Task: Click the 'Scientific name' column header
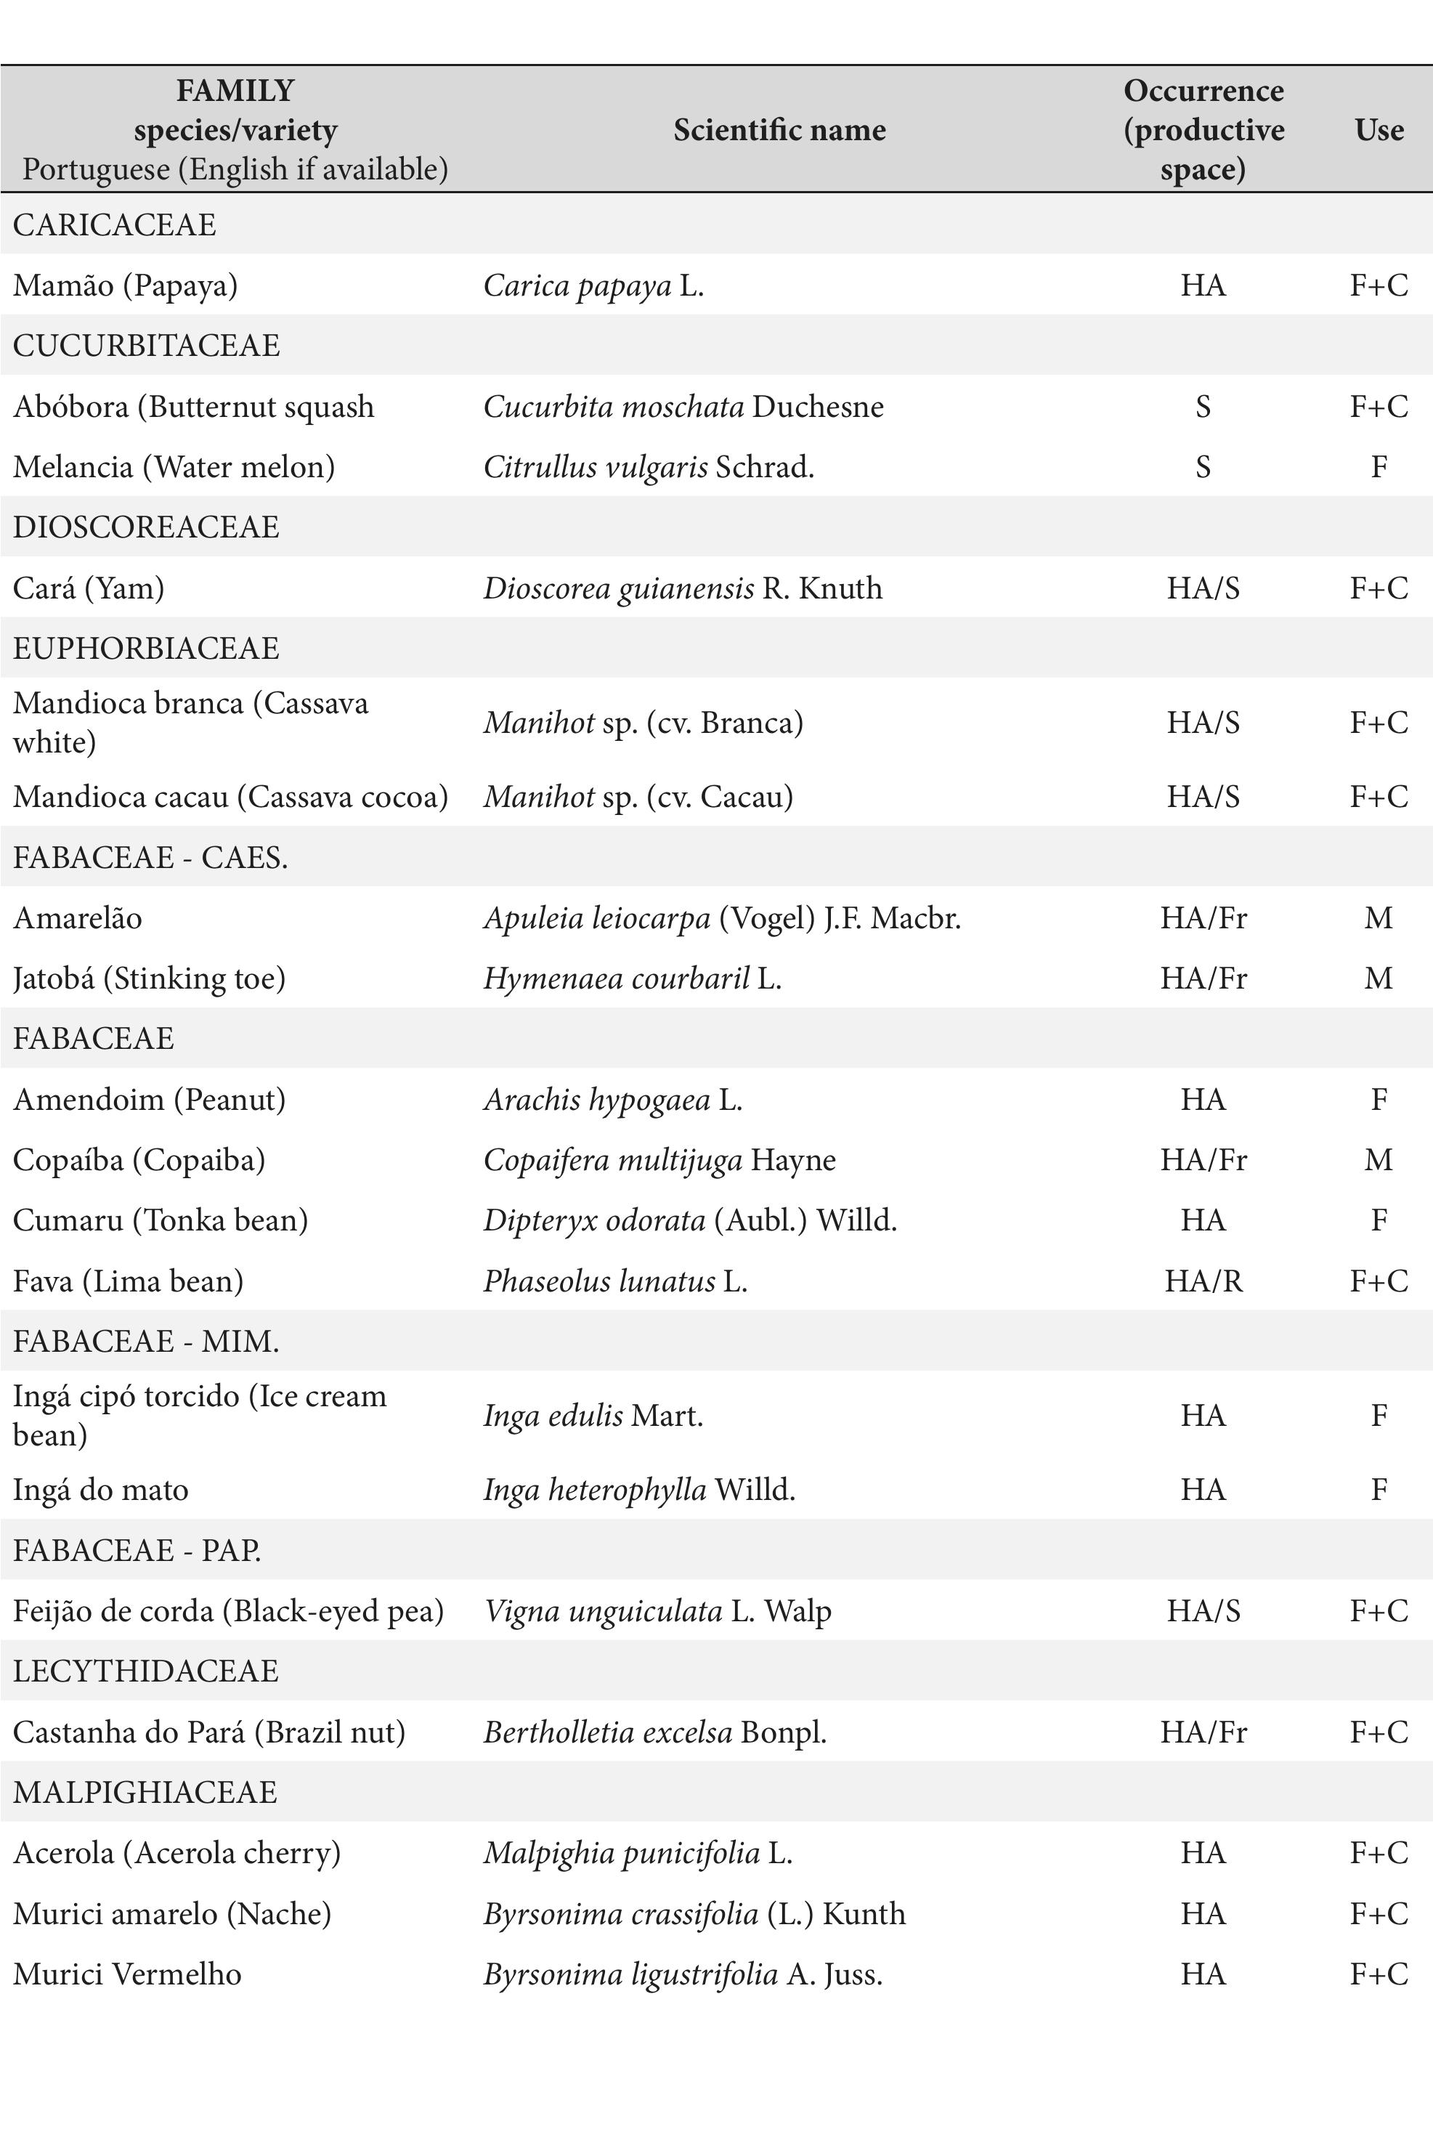tap(779, 130)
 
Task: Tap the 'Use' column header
tap(1379, 130)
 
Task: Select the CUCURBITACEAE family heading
tap(146, 346)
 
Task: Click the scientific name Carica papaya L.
tap(593, 286)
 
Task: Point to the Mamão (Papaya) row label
tap(125, 286)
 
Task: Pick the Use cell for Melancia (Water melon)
tap(1379, 467)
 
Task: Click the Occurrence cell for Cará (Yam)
tap(1203, 588)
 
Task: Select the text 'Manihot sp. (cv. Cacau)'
tap(638, 797)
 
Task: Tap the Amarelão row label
tap(78, 917)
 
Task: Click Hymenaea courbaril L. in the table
tap(631, 979)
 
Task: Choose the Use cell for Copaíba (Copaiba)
tap(1379, 1160)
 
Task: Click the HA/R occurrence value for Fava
tap(1203, 1281)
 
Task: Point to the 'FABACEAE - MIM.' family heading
tap(146, 1341)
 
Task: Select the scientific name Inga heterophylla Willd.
tap(639, 1490)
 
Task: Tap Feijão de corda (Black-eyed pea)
tap(229, 1610)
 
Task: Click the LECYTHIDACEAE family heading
tap(146, 1671)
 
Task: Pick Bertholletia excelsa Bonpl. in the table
tap(654, 1732)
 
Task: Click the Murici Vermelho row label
tap(127, 1974)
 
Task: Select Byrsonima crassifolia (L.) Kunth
tap(694, 1914)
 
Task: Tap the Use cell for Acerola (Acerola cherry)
tap(1379, 1854)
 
